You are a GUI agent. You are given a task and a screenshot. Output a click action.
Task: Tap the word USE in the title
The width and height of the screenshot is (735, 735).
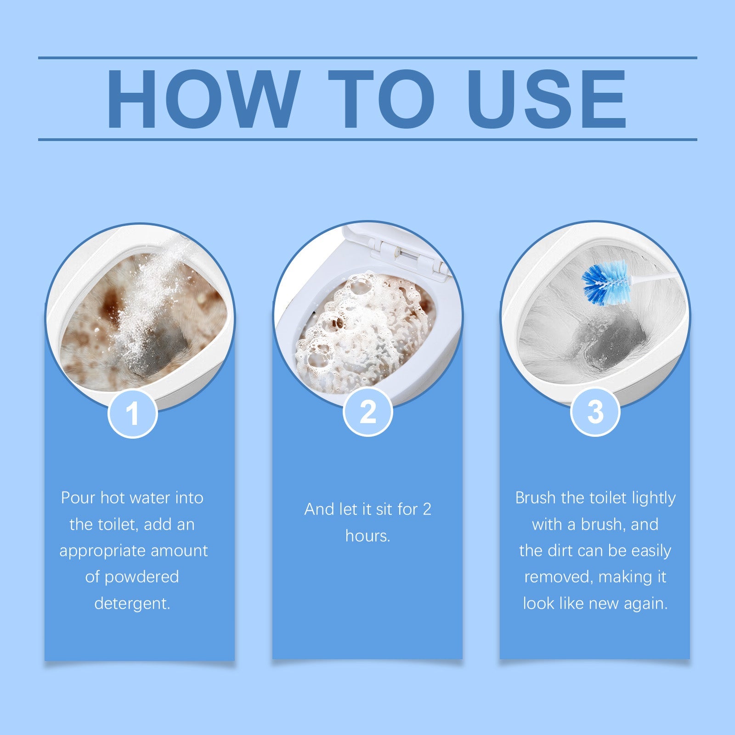pos(547,99)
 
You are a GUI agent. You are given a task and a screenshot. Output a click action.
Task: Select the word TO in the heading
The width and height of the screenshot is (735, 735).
pos(381,99)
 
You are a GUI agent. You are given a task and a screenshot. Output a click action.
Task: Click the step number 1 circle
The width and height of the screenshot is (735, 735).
pos(133,413)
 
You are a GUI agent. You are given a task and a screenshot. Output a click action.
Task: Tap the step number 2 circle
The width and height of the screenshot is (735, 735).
pos(367,412)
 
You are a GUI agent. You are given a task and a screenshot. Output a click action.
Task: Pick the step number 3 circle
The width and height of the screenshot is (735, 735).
pos(595,412)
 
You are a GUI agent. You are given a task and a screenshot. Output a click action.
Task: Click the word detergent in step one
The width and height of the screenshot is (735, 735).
pos(132,603)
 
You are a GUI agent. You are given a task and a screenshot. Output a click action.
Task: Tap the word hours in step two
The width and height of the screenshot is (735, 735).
pos(367,536)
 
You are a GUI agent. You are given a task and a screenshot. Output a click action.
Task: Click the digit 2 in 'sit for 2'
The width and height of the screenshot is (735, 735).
pos(427,509)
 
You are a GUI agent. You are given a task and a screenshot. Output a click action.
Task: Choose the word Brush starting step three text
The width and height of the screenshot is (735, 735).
pos(535,498)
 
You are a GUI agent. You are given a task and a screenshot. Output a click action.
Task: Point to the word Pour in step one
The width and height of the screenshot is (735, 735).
pos(78,498)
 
